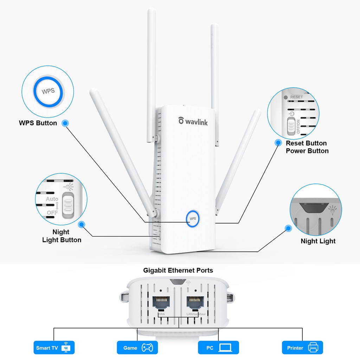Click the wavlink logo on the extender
(193, 121)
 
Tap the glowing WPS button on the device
(193, 219)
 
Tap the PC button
(218, 348)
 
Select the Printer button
(302, 348)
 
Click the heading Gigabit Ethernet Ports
(178, 270)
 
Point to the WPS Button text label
(38, 123)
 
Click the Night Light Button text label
(62, 236)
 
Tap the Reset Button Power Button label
(307, 147)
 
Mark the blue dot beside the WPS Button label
(65, 123)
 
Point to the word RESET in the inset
(296, 97)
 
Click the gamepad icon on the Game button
(147, 348)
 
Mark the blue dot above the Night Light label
(288, 228)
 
